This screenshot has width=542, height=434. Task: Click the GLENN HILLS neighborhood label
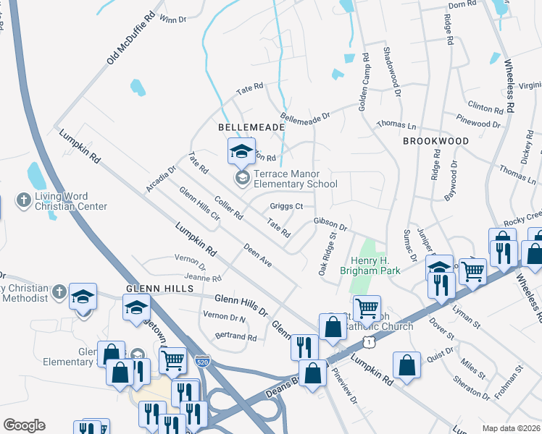[x=159, y=289]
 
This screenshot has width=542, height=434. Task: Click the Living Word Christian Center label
[x=71, y=201]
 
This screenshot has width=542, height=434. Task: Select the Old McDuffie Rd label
[x=131, y=38]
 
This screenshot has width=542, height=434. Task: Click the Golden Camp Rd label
[x=364, y=77]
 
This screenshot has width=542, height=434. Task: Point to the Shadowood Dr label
[x=391, y=72]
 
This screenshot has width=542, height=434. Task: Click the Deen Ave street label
[x=257, y=255]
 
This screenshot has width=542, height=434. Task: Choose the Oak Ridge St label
[x=329, y=249]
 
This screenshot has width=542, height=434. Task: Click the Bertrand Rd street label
[x=235, y=337]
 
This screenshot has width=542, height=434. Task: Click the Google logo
[x=24, y=425]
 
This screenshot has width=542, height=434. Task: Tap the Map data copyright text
[x=511, y=428]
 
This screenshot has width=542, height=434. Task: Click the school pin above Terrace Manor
[x=242, y=151]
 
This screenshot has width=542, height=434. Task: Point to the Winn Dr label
[x=172, y=20]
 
